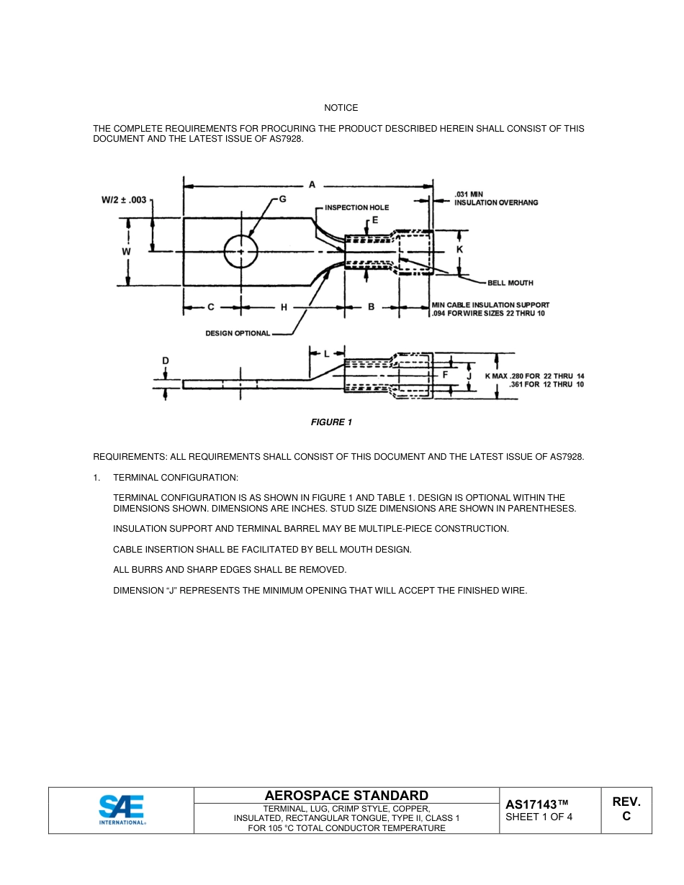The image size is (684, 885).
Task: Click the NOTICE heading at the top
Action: pyautogui.click(x=341, y=108)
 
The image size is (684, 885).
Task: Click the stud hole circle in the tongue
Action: pyautogui.click(x=241, y=252)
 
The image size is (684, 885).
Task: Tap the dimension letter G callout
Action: pyautogui.click(x=282, y=198)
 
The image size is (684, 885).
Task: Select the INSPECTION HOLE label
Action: pyautogui.click(x=356, y=208)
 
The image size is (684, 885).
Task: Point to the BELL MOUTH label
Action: pyautogui.click(x=510, y=283)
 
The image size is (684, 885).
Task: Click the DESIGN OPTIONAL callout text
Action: pyautogui.click(x=238, y=333)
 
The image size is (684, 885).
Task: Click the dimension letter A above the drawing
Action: pyautogui.click(x=312, y=185)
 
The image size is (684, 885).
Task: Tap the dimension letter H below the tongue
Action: pyautogui.click(x=284, y=307)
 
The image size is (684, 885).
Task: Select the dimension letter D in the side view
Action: pyautogui.click(x=166, y=360)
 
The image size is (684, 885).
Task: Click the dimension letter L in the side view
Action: pyautogui.click(x=326, y=353)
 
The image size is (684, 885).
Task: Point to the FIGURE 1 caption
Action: pyautogui.click(x=331, y=422)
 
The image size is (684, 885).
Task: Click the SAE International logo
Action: pyautogui.click(x=122, y=809)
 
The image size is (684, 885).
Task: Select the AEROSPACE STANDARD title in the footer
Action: pyautogui.click(x=346, y=795)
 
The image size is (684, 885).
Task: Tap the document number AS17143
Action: pyautogui.click(x=537, y=804)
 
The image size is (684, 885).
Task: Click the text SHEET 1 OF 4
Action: pyautogui.click(x=539, y=817)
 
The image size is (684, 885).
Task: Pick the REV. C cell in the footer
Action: pyautogui.click(x=626, y=809)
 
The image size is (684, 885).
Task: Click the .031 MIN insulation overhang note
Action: pyautogui.click(x=496, y=199)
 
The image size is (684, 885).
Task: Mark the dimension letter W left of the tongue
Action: pyautogui.click(x=126, y=252)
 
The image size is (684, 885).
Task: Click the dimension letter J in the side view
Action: pyautogui.click(x=469, y=376)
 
